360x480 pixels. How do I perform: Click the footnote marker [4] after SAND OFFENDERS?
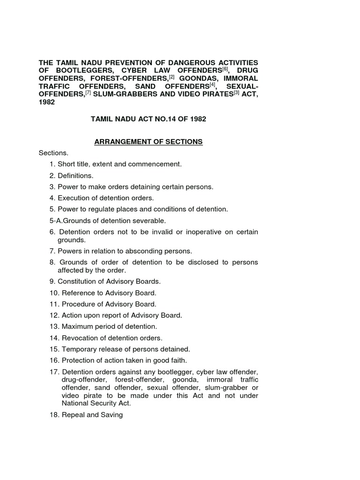click(x=212, y=85)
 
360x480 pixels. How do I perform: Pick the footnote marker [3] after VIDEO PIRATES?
click(x=236, y=93)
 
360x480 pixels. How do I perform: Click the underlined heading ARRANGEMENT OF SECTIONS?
click(x=149, y=142)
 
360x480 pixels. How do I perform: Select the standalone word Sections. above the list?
click(x=53, y=153)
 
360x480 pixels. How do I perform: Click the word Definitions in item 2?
click(x=75, y=175)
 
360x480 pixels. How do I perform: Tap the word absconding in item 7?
click(x=139, y=251)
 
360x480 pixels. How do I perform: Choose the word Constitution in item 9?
click(x=77, y=281)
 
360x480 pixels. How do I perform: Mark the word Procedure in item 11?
click(x=78, y=304)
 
